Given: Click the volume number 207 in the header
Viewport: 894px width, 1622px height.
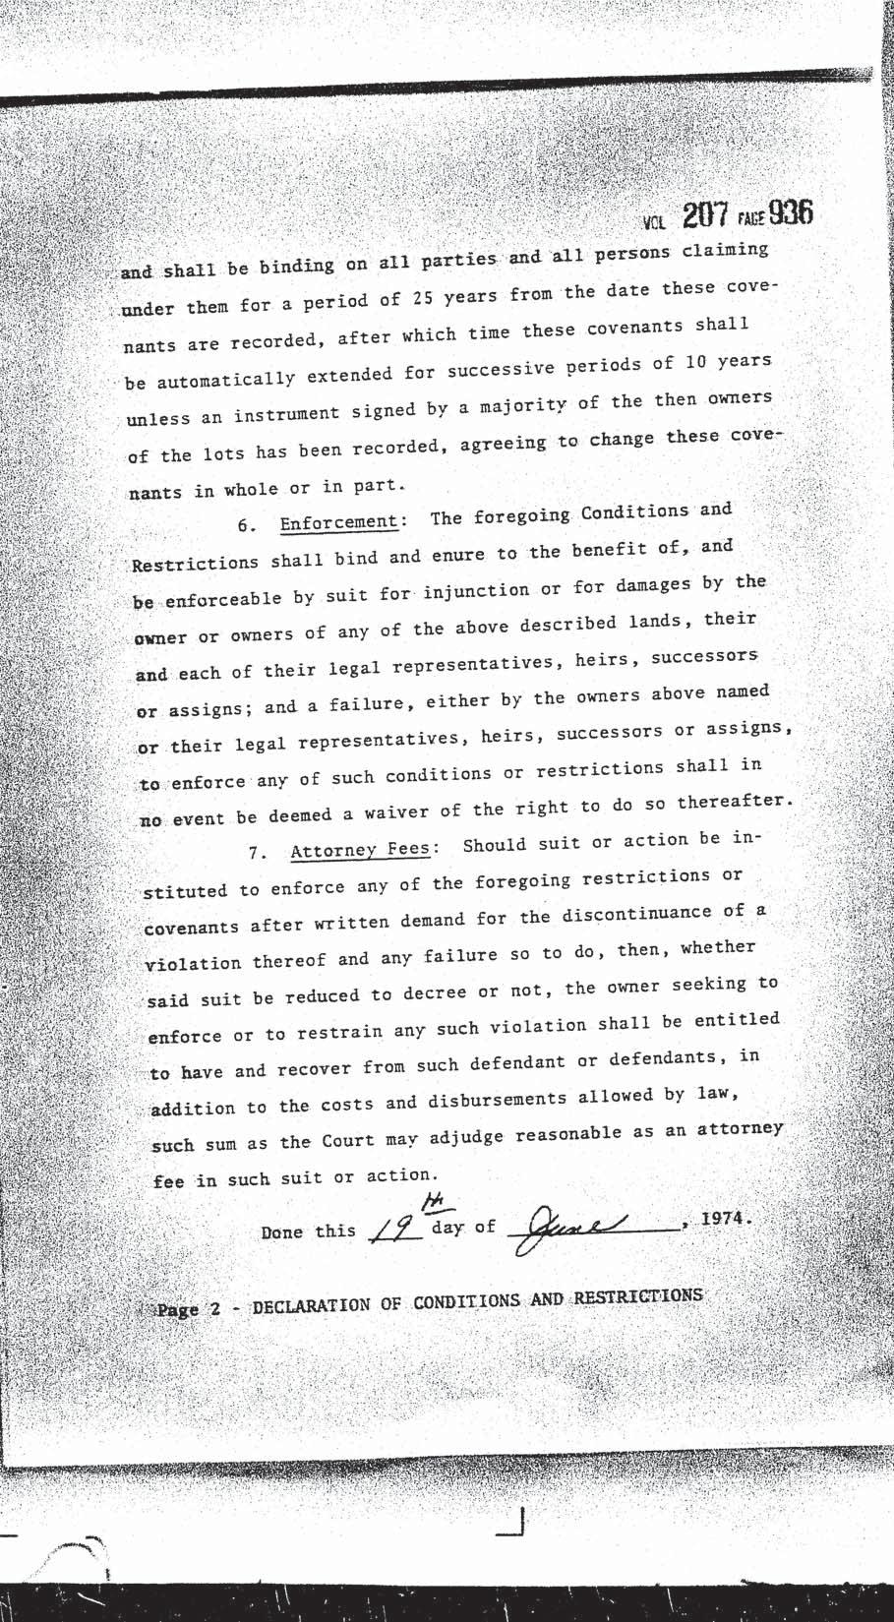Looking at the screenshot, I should pos(708,216).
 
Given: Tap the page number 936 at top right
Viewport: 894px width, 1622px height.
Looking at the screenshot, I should pos(791,213).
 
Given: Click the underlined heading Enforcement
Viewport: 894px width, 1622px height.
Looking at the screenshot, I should pos(338,522).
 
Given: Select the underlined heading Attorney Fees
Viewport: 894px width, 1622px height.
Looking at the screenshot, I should pos(359,850).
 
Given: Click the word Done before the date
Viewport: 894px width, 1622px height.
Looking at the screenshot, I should pos(281,1232).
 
